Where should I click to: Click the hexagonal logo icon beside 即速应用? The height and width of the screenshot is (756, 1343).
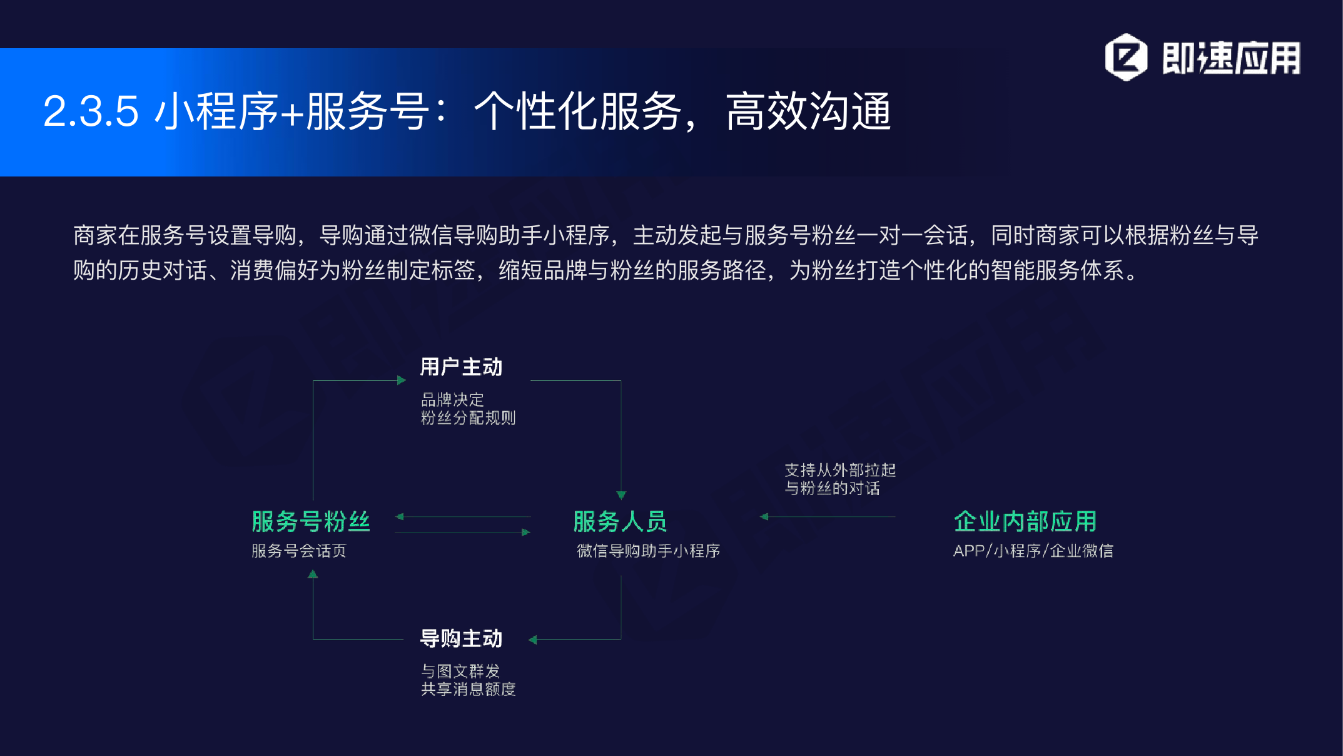(1126, 57)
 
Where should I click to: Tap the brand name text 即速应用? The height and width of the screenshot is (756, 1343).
(1231, 58)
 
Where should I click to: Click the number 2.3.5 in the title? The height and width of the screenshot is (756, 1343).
(91, 111)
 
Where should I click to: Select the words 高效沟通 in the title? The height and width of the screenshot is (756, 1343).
(808, 111)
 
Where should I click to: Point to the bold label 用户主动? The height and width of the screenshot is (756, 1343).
(461, 367)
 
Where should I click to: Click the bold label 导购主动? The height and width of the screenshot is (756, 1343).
(461, 638)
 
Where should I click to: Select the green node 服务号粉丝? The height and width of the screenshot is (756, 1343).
(311, 521)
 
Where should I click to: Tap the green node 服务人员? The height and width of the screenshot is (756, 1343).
(620, 521)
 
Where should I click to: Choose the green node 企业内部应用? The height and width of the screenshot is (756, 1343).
(1025, 521)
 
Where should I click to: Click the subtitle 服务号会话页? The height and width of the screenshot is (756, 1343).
(299, 551)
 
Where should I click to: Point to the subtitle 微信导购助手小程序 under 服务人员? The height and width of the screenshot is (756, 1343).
(649, 551)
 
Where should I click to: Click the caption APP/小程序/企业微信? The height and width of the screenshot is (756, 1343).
(1033, 551)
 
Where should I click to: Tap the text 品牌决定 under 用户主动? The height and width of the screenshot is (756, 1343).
(452, 399)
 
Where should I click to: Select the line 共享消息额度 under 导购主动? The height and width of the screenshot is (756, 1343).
(469, 689)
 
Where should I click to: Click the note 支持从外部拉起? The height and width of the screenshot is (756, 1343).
(840, 470)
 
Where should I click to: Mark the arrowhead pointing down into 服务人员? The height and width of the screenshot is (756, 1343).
(621, 495)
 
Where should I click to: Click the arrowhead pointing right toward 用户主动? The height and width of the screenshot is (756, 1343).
(402, 380)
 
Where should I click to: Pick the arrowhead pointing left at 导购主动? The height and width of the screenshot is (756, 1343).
(533, 640)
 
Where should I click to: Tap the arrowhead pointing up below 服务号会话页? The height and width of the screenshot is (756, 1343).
(313, 574)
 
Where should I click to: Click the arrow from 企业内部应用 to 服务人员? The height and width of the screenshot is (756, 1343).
(828, 517)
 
